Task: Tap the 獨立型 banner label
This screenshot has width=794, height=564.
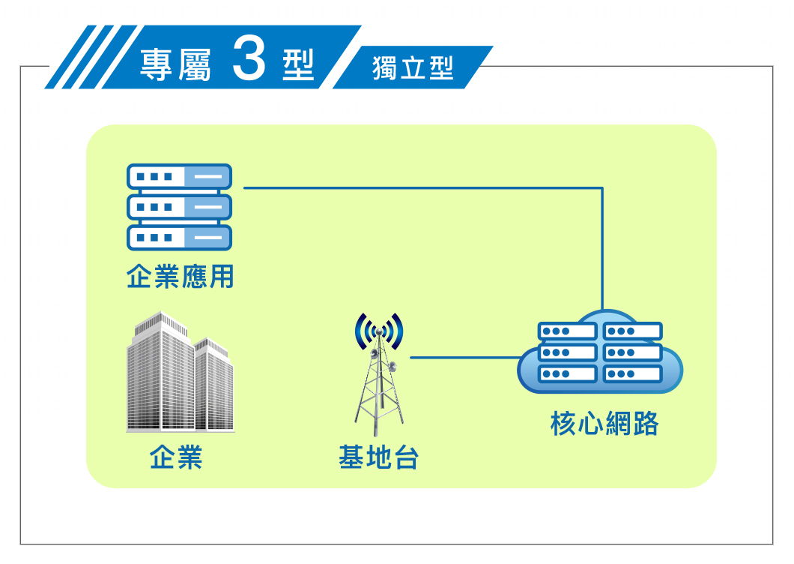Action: coord(413,68)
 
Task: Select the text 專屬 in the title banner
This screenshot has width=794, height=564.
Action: coord(175,65)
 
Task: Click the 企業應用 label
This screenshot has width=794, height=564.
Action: coord(180,277)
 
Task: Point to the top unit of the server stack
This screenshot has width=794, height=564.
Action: coord(179,176)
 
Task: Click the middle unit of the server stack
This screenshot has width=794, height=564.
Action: coord(179,207)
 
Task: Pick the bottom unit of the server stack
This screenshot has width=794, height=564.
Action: coord(179,237)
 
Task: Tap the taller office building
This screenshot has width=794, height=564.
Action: coord(160,372)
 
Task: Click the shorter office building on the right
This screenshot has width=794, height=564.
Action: coord(215,385)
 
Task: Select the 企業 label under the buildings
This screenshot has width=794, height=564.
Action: coord(176,457)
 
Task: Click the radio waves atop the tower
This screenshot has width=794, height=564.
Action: coord(379,331)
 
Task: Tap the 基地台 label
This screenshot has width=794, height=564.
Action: coord(379,457)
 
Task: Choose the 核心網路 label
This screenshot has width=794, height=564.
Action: coord(604,424)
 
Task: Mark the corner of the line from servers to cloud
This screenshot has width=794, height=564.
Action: coord(602,188)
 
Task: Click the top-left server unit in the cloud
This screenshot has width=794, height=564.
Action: coord(567,331)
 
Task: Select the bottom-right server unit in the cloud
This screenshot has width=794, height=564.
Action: coord(632,374)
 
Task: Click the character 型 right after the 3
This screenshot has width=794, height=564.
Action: coord(299,65)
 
